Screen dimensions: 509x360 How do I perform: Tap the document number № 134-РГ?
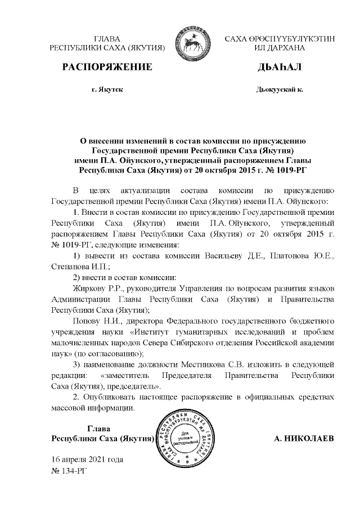tap(70, 470)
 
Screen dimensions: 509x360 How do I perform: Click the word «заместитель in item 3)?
tap(125, 375)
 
